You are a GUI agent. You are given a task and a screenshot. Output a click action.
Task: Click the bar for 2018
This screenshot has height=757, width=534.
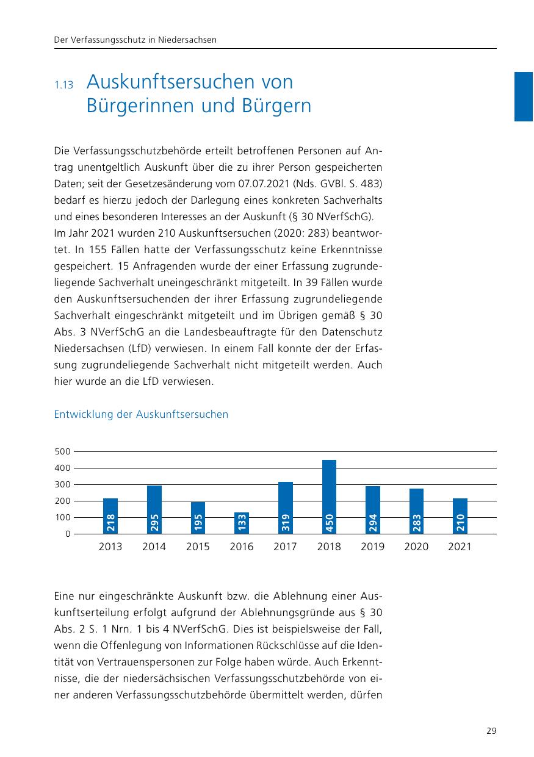[329, 497]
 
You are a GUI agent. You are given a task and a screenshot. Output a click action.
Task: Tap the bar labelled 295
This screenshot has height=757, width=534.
[154, 509]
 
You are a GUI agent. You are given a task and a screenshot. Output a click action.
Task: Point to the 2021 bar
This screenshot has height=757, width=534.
[460, 516]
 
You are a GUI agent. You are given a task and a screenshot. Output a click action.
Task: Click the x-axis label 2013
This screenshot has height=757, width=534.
[110, 547]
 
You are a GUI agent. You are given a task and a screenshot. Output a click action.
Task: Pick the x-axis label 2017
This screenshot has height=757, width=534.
[285, 547]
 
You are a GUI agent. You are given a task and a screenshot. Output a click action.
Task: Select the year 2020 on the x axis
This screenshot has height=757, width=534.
[416, 547]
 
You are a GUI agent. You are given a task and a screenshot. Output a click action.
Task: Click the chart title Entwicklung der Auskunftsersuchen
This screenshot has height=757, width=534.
[141, 415]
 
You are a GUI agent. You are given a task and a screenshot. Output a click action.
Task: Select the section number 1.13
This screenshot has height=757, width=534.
[63, 85]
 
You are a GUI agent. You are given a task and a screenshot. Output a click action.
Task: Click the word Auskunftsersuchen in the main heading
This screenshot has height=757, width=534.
[190, 82]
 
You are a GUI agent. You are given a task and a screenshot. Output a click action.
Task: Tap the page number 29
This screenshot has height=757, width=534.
[491, 731]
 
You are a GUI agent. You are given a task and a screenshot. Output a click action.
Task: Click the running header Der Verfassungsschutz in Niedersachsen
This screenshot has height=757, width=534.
[135, 40]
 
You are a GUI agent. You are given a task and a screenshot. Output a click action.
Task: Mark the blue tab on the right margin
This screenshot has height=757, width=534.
[524, 96]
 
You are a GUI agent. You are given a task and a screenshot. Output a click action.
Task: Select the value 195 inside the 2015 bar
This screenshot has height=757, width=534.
[198, 523]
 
